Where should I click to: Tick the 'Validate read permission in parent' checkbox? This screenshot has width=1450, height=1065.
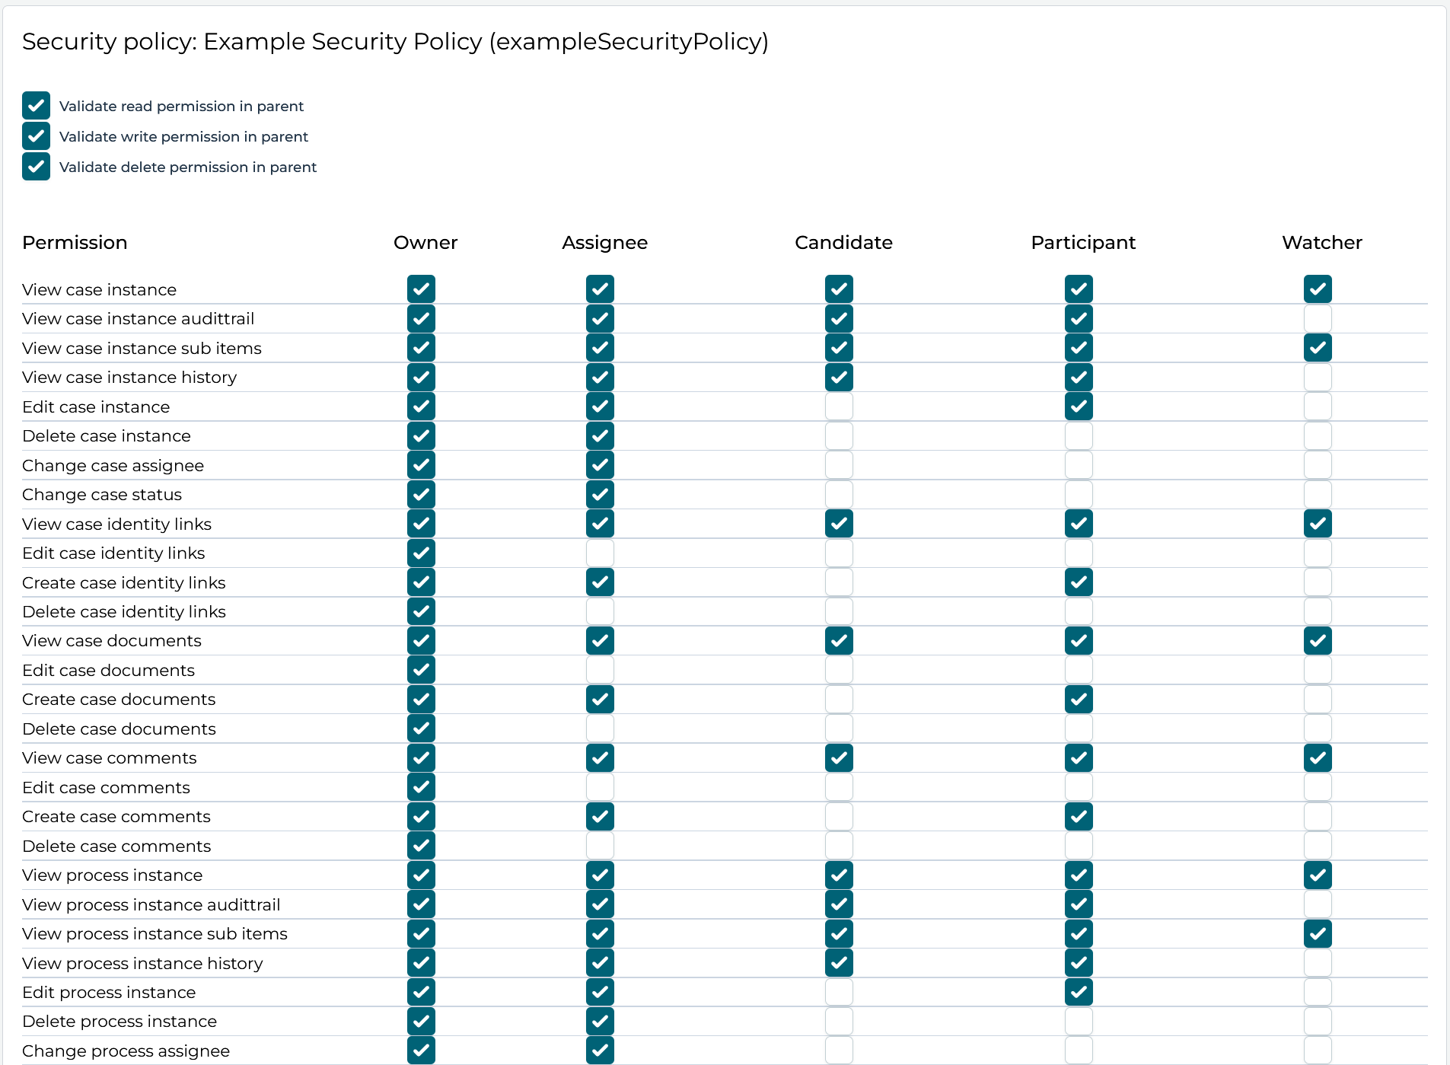[36, 106]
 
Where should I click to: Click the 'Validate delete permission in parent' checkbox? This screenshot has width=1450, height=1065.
[36, 167]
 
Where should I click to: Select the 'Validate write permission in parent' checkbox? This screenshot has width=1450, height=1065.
[36, 136]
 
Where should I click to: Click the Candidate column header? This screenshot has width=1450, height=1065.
[843, 242]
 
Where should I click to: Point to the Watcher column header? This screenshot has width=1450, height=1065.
[1321, 242]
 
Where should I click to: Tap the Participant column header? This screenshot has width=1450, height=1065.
[1082, 242]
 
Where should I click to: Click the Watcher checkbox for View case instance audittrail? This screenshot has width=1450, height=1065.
[1318, 318]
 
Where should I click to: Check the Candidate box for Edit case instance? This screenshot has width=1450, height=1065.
[839, 407]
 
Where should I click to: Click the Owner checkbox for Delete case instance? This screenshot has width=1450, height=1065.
[421, 435]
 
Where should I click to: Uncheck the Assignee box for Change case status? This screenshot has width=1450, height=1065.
[600, 494]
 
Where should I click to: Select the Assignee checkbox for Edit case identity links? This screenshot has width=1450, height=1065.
[600, 553]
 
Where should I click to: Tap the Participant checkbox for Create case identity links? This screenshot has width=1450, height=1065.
[1079, 582]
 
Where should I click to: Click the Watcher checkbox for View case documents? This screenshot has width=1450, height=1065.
[1318, 641]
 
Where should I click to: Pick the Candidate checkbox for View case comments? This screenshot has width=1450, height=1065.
[839, 758]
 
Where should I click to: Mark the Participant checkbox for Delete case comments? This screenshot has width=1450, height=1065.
[1079, 846]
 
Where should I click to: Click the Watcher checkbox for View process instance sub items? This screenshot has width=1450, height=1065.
[1318, 933]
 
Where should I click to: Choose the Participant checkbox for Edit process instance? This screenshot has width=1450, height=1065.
[1079, 992]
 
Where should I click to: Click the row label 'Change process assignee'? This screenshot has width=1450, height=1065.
[126, 1051]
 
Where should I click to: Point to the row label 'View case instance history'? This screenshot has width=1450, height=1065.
[129, 377]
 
